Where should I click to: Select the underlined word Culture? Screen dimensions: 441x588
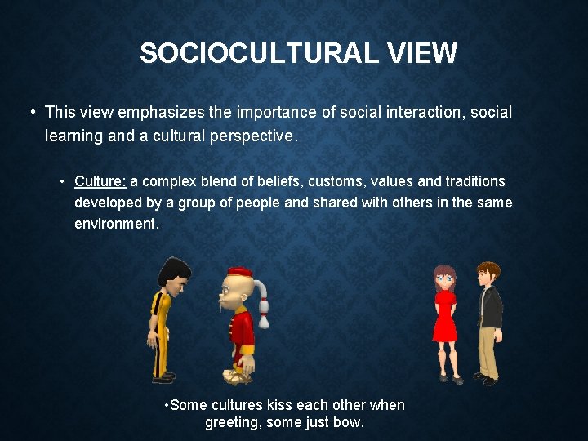pyautogui.click(x=100, y=181)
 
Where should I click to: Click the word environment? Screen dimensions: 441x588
pyautogui.click(x=116, y=223)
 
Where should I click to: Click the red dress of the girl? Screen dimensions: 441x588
pyautogui.click(x=444, y=318)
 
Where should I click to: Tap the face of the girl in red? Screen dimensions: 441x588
pyautogui.click(x=444, y=278)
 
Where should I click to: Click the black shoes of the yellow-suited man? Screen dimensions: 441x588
pyautogui.click(x=163, y=377)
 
